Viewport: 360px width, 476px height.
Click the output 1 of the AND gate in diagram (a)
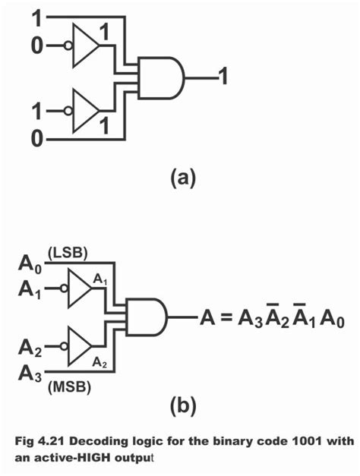pos(223,76)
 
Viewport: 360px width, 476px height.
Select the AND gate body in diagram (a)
pos(161,77)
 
